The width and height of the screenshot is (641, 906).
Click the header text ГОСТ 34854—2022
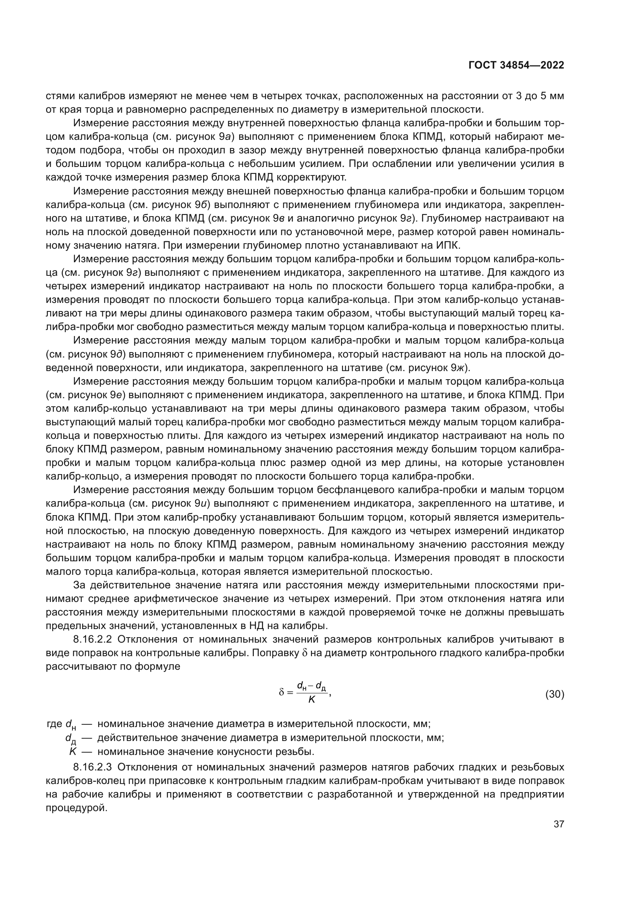(x=516, y=65)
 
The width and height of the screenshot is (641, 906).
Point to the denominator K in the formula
(x=312, y=700)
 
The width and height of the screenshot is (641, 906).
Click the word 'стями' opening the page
(x=60, y=96)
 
